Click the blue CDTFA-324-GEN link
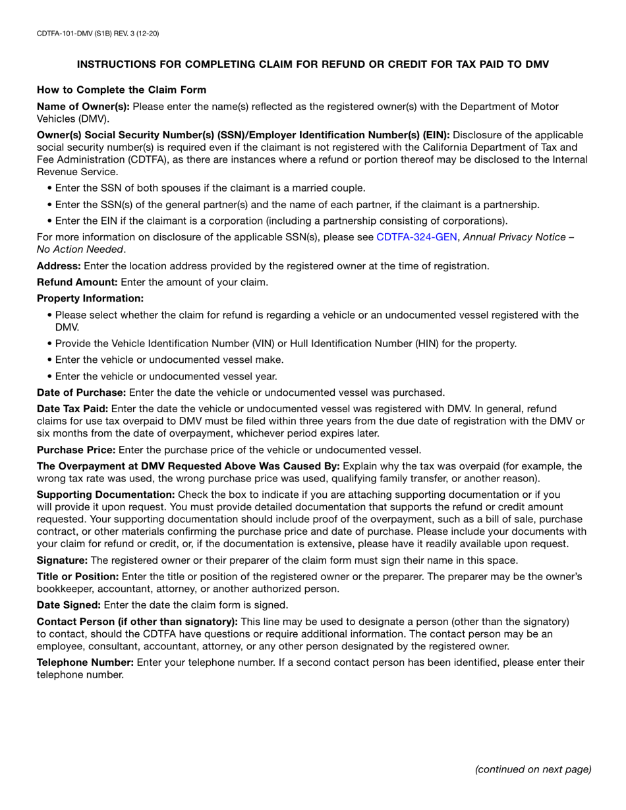[x=416, y=237]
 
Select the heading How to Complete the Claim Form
[x=121, y=90]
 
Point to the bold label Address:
[x=59, y=266]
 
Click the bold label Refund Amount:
[x=77, y=283]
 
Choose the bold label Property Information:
[x=90, y=299]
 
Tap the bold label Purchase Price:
[x=76, y=450]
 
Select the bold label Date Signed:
[x=69, y=605]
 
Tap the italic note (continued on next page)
[x=533, y=769]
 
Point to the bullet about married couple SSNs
[x=210, y=188]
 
